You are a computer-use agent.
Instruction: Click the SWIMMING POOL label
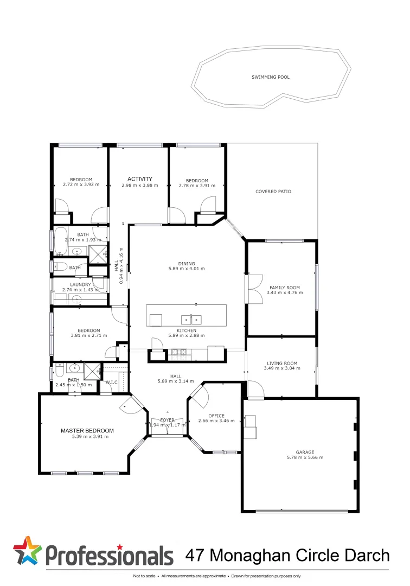click(x=270, y=77)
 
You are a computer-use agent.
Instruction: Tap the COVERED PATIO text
click(x=273, y=192)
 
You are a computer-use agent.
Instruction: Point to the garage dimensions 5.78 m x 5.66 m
click(x=305, y=457)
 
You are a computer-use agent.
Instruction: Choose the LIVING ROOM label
click(x=282, y=363)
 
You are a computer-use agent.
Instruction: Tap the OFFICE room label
click(x=216, y=416)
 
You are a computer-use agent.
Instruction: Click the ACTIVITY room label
click(x=140, y=179)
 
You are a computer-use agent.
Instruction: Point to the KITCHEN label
click(x=186, y=330)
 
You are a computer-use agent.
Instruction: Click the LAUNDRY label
click(x=80, y=284)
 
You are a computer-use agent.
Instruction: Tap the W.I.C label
click(x=112, y=382)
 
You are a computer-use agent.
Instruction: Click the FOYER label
click(x=167, y=420)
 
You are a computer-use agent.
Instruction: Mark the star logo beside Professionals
click(x=27, y=551)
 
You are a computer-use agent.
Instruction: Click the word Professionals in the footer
click(x=108, y=556)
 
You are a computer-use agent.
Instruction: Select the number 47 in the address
click(x=195, y=555)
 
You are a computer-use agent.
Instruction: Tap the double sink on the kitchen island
click(x=191, y=319)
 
